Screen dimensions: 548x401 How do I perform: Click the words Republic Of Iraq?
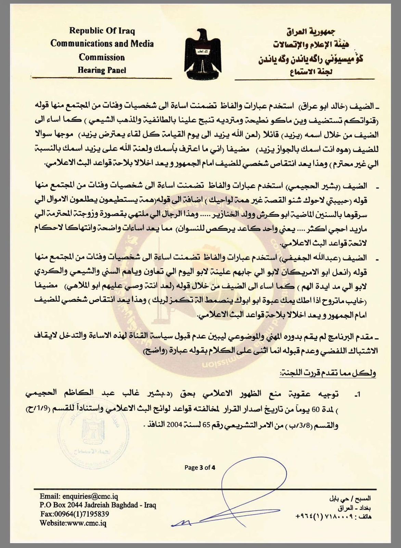[102, 31]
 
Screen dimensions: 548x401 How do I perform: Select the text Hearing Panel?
[102, 70]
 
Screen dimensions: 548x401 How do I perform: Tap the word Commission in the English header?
[102, 57]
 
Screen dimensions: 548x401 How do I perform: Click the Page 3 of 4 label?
[200, 467]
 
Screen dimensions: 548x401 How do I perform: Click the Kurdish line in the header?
[311, 59]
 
